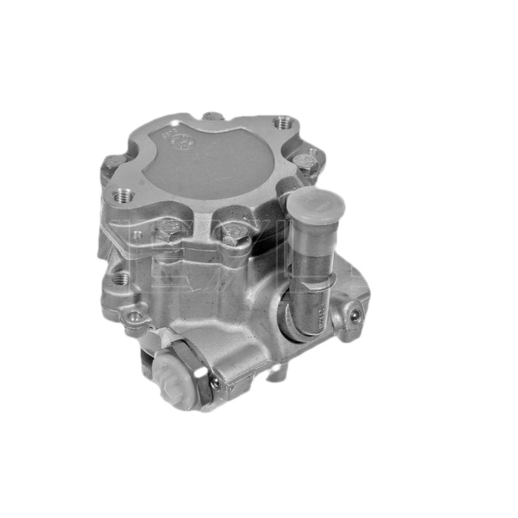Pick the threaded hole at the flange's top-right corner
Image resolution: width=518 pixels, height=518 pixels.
[x=283, y=122]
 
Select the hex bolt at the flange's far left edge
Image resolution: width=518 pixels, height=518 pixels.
[x=115, y=163]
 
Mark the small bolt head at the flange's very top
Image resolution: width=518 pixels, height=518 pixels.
[x=212, y=117]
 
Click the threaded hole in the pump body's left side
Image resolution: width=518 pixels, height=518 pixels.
[x=120, y=278]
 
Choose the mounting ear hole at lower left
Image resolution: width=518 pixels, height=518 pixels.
[x=135, y=317]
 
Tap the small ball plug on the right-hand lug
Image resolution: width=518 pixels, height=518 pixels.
[x=354, y=315]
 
